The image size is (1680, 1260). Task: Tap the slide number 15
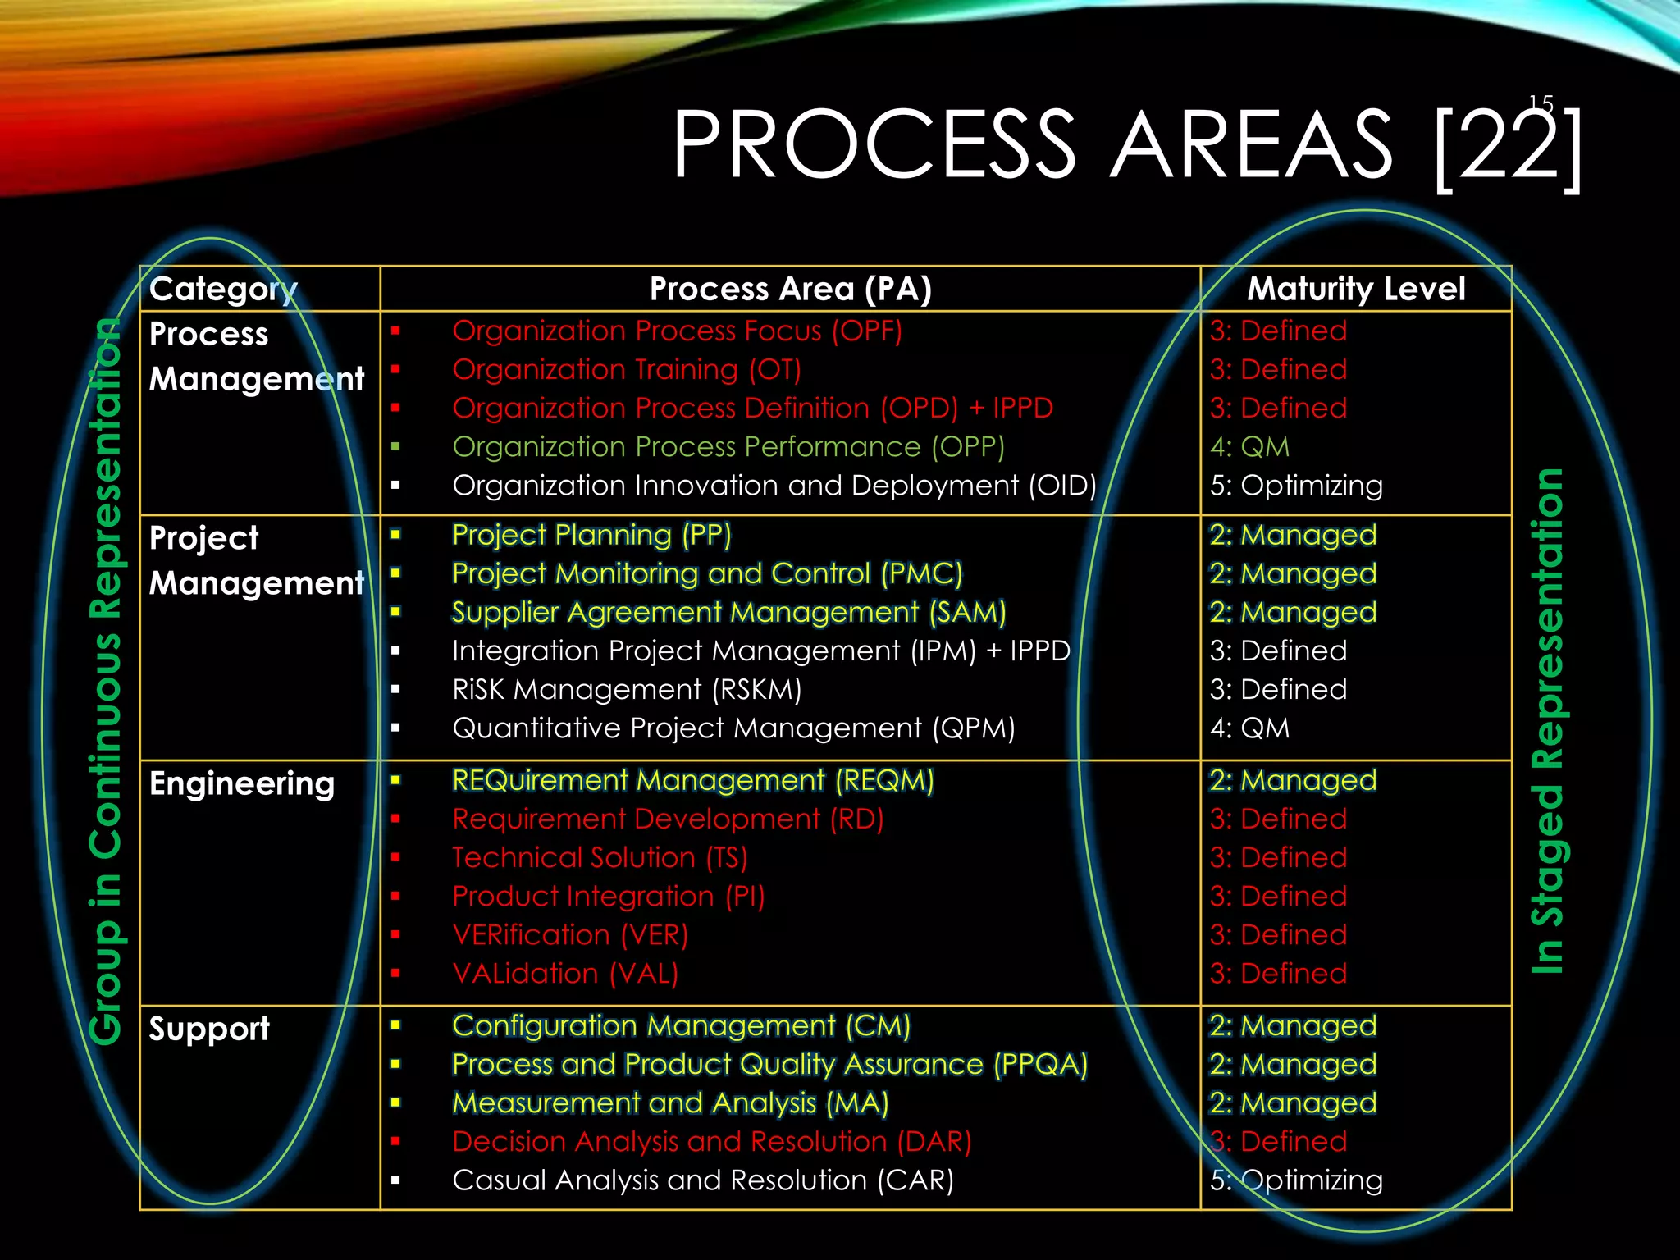click(1541, 104)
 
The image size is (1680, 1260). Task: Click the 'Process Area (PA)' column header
click(790, 289)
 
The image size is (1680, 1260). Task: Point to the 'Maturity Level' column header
click(1356, 289)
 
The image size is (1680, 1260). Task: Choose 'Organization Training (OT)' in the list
click(626, 370)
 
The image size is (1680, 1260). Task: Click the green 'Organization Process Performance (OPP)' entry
click(728, 447)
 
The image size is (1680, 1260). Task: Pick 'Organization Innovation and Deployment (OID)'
click(774, 486)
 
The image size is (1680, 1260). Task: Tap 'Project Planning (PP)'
click(591, 535)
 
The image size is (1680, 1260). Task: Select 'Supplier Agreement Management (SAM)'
click(728, 612)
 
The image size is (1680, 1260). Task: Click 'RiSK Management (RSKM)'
click(626, 690)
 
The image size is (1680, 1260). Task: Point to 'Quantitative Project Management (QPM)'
click(733, 728)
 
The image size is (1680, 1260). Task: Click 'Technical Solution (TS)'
click(600, 858)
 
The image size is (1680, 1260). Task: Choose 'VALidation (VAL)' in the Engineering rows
click(565, 974)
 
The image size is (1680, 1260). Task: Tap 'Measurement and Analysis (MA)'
click(670, 1103)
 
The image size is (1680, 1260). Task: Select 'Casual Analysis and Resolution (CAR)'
click(703, 1180)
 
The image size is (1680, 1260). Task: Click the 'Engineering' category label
click(242, 783)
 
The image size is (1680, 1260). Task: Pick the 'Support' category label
click(209, 1029)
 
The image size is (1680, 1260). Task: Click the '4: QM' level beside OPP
click(1249, 447)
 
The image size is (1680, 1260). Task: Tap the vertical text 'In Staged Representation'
click(1548, 722)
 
